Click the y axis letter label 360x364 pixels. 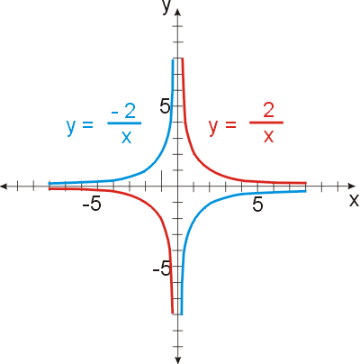click(x=166, y=6)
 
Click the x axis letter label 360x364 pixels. click(x=354, y=200)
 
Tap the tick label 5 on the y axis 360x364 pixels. click(x=166, y=106)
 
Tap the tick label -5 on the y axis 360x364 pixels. click(x=162, y=268)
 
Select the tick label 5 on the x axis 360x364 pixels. click(x=257, y=205)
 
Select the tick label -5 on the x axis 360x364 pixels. click(x=92, y=205)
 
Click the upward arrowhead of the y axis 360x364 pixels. click(x=178, y=13)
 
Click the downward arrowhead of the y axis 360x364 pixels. click(x=178, y=359)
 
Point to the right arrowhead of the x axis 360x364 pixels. click(x=351, y=187)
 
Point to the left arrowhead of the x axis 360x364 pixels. click(x=4, y=187)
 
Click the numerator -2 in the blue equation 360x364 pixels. click(x=123, y=111)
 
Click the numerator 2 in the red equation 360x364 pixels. click(x=268, y=110)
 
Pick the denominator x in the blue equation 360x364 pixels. click(x=126, y=137)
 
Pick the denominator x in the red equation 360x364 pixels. click(x=268, y=136)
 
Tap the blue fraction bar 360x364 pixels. click(x=124, y=123)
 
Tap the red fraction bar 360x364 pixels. click(x=266, y=123)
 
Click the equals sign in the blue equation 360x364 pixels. click(x=87, y=124)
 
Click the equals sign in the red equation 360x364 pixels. click(x=230, y=124)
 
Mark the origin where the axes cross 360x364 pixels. click(x=178, y=187)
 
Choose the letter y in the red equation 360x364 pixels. click(x=213, y=127)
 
